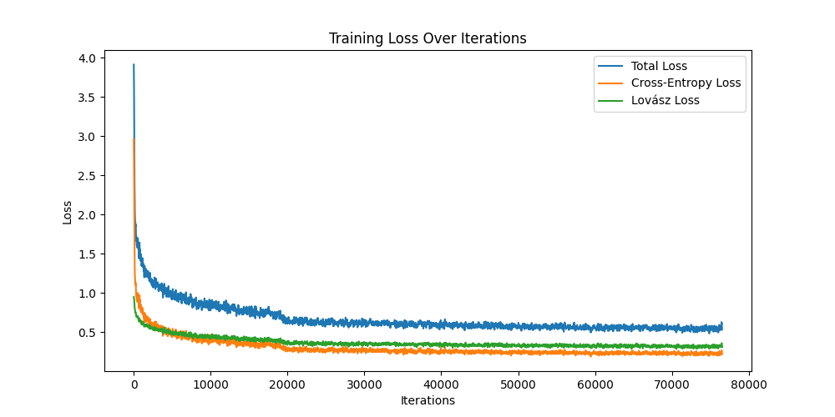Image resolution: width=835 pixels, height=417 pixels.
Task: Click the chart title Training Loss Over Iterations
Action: [x=428, y=38]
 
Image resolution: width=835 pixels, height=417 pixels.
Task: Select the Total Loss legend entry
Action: [x=659, y=65]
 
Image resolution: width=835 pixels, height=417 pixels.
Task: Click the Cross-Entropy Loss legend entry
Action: [x=686, y=83]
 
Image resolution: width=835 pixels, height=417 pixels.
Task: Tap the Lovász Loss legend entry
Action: [x=665, y=100]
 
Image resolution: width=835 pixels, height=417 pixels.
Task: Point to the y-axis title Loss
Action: [x=68, y=212]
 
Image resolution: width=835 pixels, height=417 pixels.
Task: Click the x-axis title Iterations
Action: [x=428, y=400]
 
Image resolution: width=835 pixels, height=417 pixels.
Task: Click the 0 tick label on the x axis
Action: [x=134, y=384]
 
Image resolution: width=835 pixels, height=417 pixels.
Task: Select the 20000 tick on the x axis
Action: [x=287, y=384]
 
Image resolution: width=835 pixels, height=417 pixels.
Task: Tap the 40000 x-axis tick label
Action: [x=441, y=384]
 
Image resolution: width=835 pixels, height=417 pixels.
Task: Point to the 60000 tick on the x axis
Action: [x=595, y=384]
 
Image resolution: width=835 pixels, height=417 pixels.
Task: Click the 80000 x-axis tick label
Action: [x=748, y=384]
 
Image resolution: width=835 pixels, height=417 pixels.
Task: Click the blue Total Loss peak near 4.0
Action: [x=134, y=65]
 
